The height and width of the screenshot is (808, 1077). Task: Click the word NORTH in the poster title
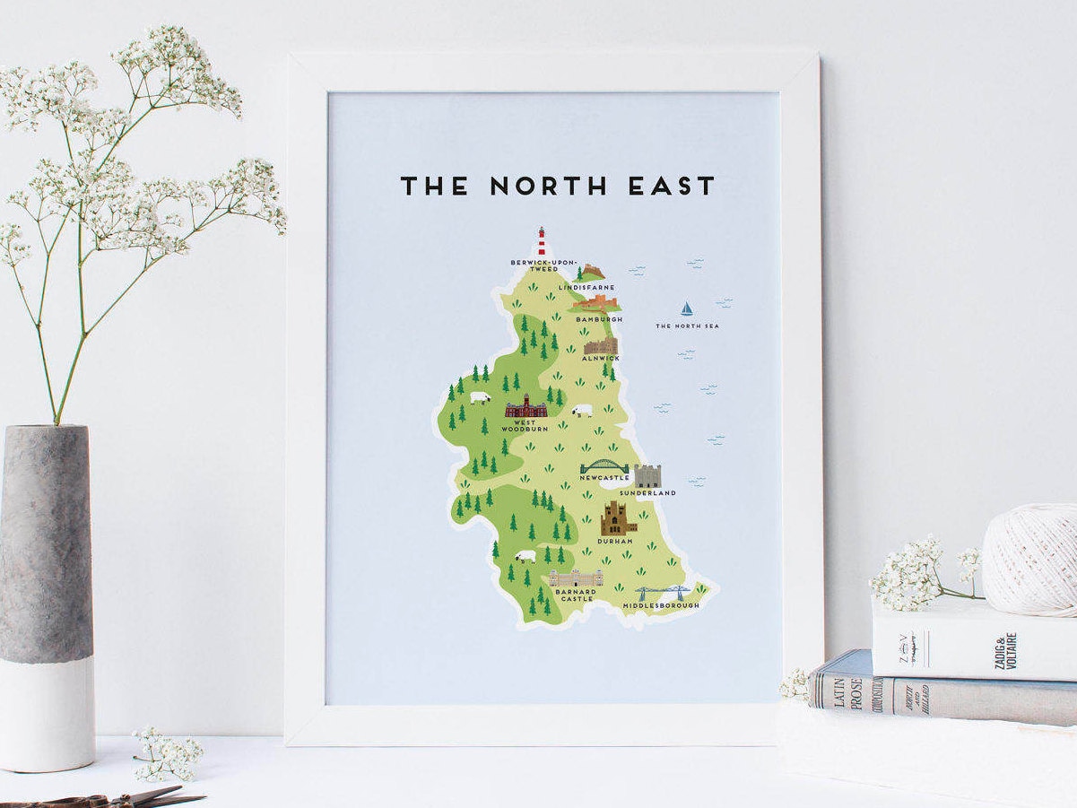(x=548, y=186)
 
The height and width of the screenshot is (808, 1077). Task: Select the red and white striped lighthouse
(x=541, y=241)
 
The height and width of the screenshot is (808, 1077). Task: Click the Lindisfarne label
(x=586, y=287)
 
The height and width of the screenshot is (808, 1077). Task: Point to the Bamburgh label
(x=599, y=319)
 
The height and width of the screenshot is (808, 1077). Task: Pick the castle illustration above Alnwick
(x=600, y=345)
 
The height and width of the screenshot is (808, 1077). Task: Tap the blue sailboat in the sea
(x=687, y=308)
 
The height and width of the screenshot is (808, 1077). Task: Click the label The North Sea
(x=687, y=326)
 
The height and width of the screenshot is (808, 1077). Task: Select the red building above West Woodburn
(x=525, y=407)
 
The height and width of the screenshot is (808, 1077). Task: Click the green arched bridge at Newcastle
(x=605, y=467)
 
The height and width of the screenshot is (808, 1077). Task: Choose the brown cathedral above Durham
(x=617, y=518)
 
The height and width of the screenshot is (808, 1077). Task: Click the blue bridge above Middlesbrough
(x=664, y=594)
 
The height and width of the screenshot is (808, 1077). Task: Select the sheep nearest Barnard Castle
(x=525, y=556)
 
